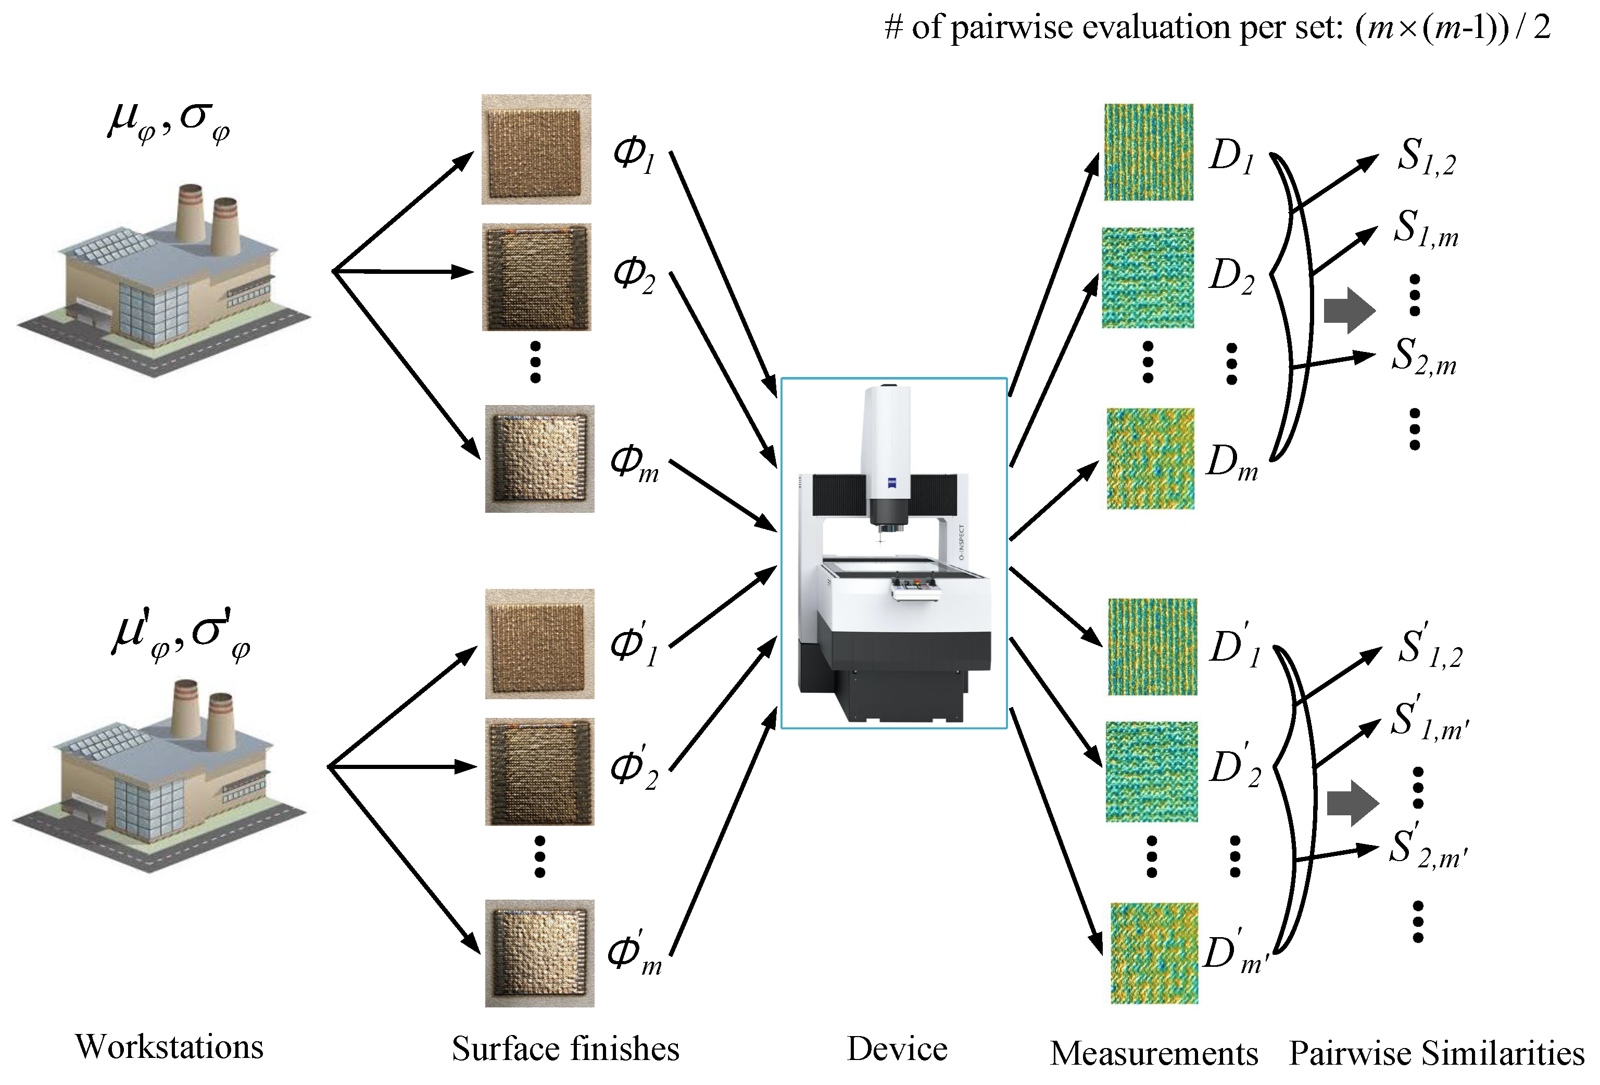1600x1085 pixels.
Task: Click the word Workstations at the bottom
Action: point(169,1047)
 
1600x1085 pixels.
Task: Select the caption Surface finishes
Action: point(565,1049)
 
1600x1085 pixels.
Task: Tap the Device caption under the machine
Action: point(897,1049)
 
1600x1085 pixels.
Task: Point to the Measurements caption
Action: point(1154,1053)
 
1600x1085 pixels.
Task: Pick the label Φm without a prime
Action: point(635,463)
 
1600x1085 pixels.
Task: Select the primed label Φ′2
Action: point(635,766)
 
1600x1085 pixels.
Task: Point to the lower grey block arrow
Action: point(1353,803)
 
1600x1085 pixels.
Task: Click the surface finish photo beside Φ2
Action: point(536,277)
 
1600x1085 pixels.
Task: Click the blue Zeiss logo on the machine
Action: point(892,483)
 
